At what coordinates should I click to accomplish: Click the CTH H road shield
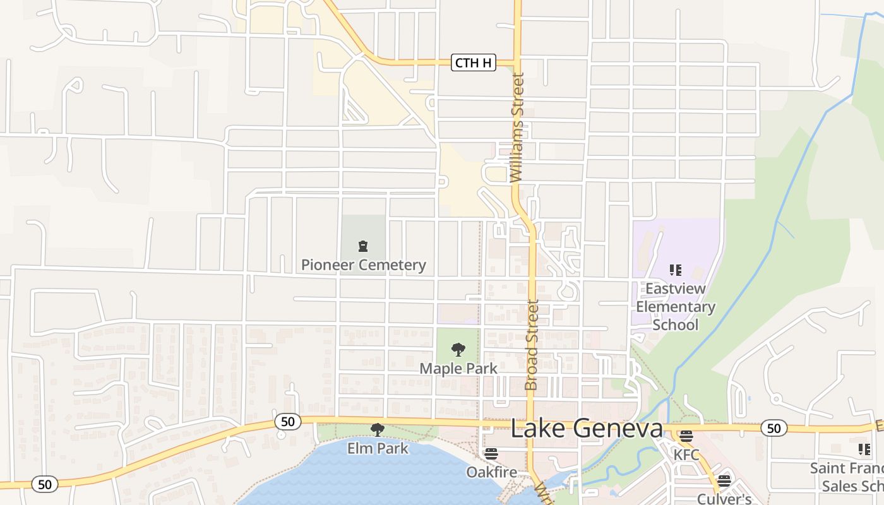[474, 62]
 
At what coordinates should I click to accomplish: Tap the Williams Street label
[517, 128]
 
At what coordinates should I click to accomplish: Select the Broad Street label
[532, 345]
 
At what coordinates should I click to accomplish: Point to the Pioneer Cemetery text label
[363, 265]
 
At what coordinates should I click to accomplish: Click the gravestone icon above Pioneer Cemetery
[363, 246]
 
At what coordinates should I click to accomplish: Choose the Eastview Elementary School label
[675, 307]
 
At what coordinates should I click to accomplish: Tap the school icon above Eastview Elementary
[676, 270]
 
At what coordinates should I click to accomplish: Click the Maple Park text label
[458, 368]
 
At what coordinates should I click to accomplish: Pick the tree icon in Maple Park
[458, 349]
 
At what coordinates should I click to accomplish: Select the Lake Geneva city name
[586, 429]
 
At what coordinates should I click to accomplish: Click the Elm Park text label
[378, 449]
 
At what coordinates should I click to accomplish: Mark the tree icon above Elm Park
[378, 430]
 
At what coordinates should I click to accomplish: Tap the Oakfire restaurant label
[491, 472]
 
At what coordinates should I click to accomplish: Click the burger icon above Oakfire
[491, 453]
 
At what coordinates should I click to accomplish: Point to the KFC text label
[686, 455]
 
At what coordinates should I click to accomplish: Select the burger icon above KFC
[686, 436]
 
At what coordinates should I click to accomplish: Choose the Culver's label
[724, 499]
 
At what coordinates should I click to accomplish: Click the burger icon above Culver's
[724, 480]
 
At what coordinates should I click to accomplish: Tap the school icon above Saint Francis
[864, 449]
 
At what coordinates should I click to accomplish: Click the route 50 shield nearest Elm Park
[287, 421]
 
